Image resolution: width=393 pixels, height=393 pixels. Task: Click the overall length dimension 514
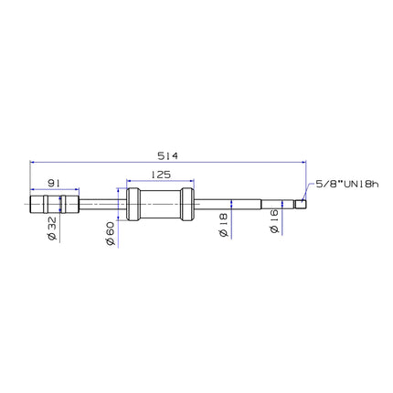pos(167,155)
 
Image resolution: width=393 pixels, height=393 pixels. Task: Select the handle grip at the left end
pos(54,204)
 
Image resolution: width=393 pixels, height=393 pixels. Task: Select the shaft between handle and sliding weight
pos(101,204)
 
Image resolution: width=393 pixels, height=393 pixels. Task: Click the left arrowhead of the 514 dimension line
pos(34,163)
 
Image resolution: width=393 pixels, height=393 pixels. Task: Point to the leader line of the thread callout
pos(307,193)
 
